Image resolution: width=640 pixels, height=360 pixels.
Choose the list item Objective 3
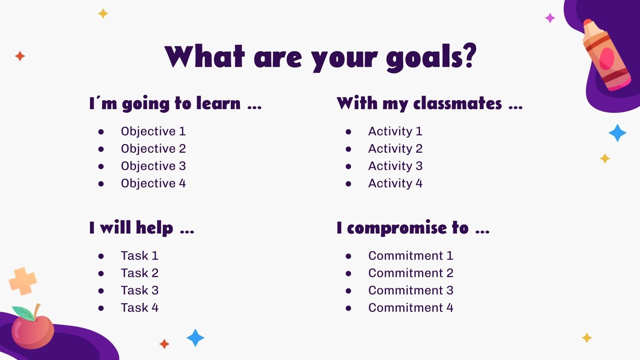pos(154,166)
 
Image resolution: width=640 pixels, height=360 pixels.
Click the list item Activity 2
pos(396,148)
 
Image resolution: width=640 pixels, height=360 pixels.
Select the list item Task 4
pos(140,308)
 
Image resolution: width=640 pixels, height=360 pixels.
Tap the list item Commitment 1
pos(411,256)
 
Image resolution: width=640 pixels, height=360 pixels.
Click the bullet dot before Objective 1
pos(101,132)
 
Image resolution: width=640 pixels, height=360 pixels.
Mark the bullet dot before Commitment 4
pos(348,308)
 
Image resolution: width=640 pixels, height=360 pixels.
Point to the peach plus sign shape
pos(23,281)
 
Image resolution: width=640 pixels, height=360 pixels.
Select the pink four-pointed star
pos(550,18)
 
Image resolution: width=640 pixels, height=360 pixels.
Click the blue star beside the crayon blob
pos(618,133)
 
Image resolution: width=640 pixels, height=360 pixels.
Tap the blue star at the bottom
pos(196,338)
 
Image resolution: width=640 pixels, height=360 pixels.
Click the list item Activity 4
pos(396,184)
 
